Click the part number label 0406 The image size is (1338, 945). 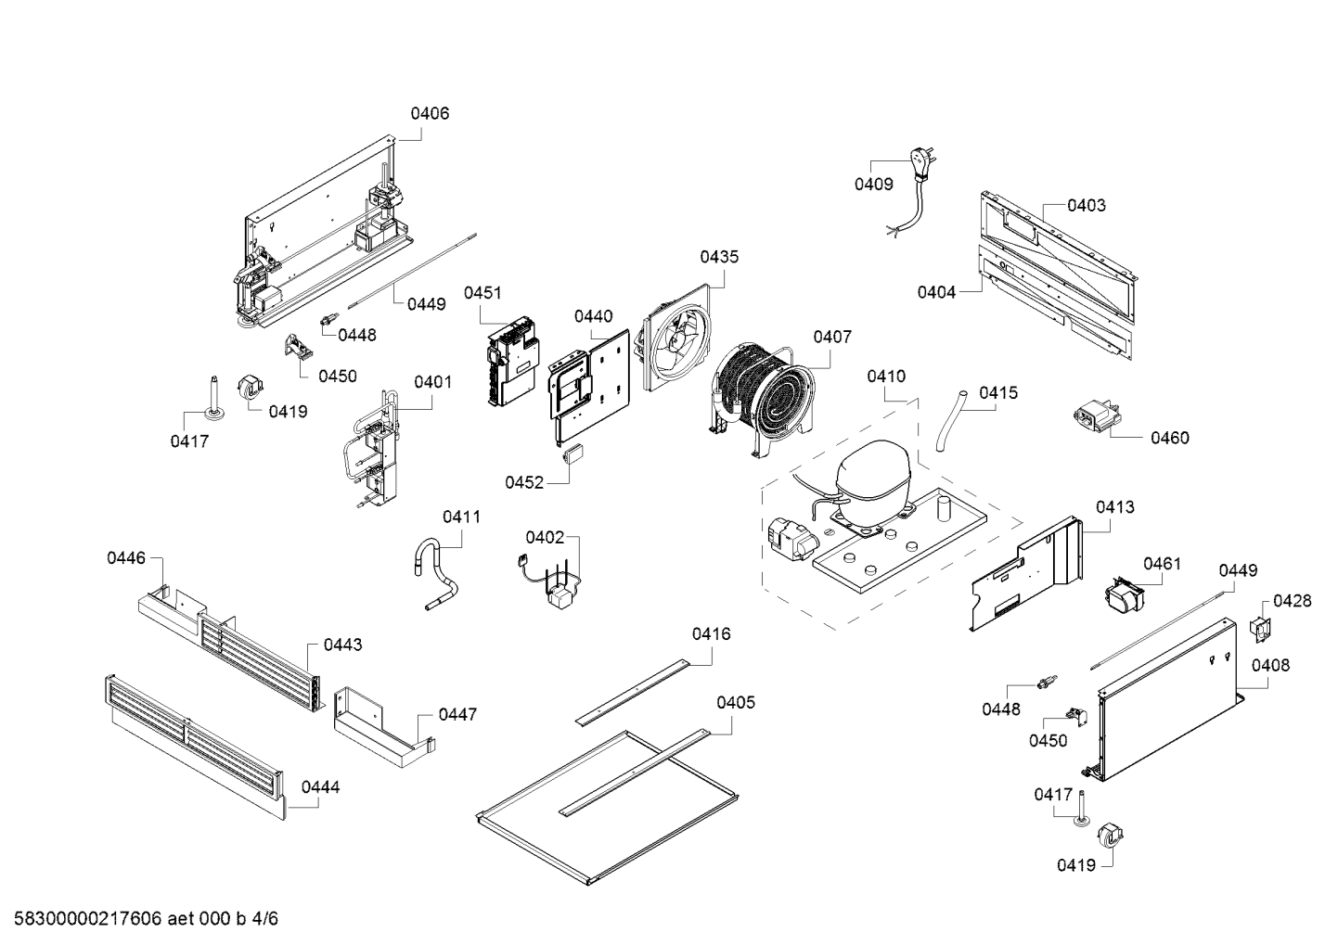(430, 113)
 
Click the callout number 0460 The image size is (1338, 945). (1169, 438)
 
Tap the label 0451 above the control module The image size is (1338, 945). (482, 293)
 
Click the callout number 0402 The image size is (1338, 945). (545, 537)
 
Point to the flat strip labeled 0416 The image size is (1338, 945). (632, 691)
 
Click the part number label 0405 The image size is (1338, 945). (735, 702)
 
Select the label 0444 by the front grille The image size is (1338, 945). (320, 787)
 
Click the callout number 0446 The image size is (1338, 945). (126, 557)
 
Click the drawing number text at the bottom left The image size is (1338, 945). (140, 919)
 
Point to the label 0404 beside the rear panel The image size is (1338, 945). (936, 292)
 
